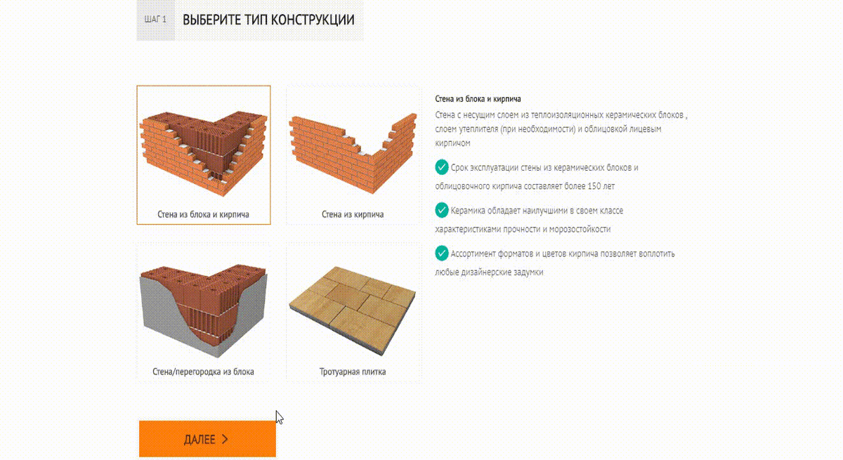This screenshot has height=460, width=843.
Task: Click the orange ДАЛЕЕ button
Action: (207, 438)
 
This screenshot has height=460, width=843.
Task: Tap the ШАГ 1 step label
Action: (155, 19)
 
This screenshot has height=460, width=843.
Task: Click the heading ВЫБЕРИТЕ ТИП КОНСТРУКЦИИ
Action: (268, 20)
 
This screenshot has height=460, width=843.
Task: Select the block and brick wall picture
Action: (204, 154)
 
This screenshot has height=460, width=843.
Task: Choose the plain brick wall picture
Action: (353, 154)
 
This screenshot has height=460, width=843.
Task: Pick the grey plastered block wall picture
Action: (204, 310)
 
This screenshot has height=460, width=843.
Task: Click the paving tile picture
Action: (353, 310)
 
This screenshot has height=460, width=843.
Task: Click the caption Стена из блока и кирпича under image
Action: (203, 214)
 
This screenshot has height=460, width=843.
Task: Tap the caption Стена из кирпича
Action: (353, 214)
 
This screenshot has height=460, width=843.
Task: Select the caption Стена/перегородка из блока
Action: (203, 372)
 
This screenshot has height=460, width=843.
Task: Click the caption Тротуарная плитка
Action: (353, 372)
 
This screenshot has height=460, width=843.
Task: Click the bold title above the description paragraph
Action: (478, 99)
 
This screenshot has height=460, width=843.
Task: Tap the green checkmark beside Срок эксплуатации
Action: (442, 167)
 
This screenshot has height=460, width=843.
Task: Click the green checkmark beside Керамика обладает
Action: (442, 210)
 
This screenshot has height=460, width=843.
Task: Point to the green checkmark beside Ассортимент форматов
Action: (442, 254)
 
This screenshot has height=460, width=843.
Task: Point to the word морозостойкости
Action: (580, 229)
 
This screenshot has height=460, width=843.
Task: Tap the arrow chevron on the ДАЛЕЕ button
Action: (225, 439)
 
